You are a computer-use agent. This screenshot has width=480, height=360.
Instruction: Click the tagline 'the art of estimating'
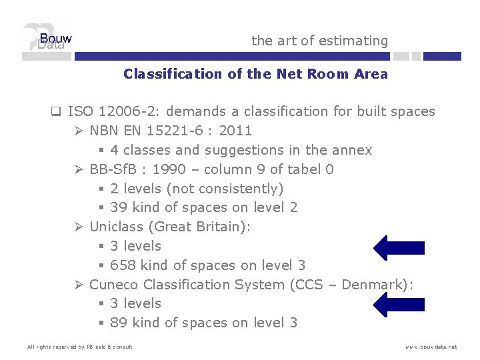pyautogui.click(x=319, y=41)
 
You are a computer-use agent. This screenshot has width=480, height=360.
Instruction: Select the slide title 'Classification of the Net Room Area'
pyautogui.click(x=255, y=74)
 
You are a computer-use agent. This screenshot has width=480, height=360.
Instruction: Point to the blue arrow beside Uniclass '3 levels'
pyautogui.click(x=399, y=247)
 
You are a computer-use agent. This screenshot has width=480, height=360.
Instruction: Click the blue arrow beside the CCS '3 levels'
pyautogui.click(x=399, y=304)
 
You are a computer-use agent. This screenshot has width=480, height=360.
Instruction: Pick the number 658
pyautogui.click(x=123, y=265)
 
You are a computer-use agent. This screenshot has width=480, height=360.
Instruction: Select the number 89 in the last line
pyautogui.click(x=119, y=323)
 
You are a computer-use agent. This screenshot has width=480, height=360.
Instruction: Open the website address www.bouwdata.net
pyautogui.click(x=431, y=347)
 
